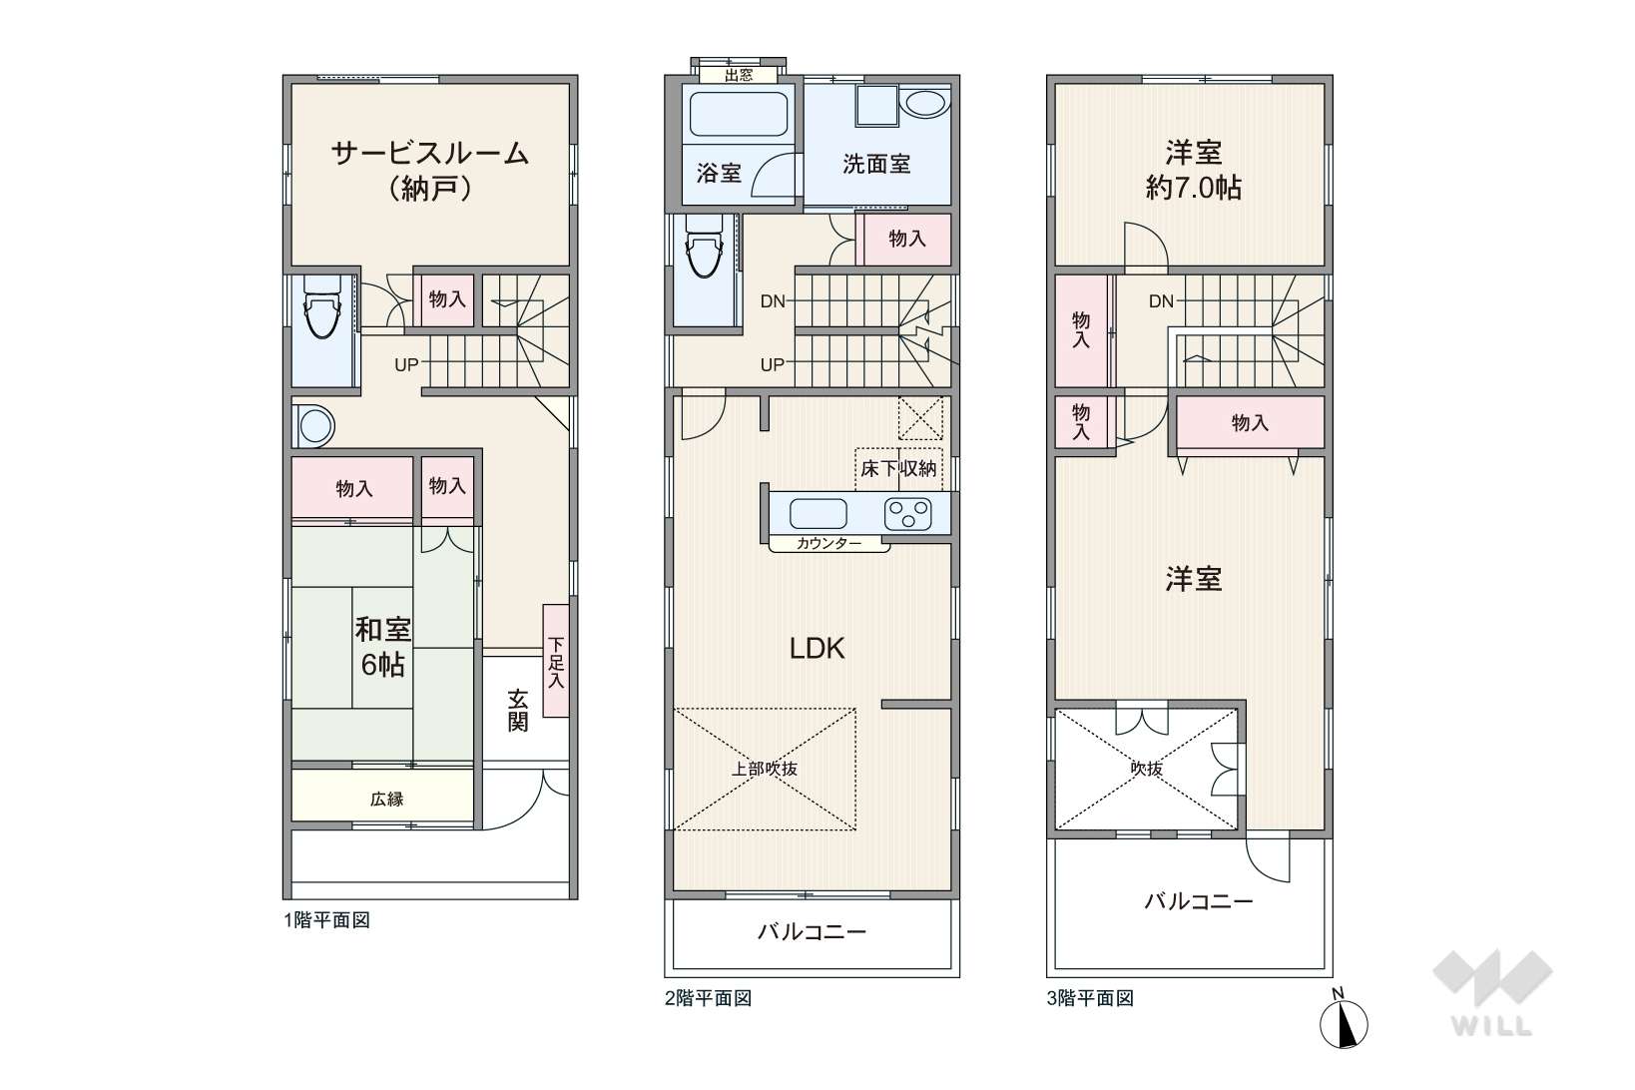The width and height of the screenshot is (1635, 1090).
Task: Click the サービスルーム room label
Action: coord(429,154)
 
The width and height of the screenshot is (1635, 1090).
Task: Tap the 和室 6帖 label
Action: coord(382,647)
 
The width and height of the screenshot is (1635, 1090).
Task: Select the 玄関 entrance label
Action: coord(517,711)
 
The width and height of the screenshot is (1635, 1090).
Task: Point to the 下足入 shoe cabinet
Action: coord(555,661)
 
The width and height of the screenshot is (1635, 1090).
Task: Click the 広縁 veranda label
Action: coord(386,799)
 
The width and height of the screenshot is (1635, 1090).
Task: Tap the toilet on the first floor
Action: coord(321,305)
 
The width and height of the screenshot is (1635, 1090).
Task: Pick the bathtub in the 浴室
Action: coord(739,114)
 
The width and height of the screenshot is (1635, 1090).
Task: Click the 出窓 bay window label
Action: coord(739,75)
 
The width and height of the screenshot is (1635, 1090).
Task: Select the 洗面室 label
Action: coord(876,164)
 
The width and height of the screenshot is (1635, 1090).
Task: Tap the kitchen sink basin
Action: coord(818,514)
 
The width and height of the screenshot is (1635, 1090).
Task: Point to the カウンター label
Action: coord(828,543)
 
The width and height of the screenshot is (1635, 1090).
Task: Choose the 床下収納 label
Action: coord(898,469)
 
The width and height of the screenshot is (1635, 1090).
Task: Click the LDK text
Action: coord(817,648)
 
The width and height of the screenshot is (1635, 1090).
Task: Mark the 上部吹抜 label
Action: coord(765,769)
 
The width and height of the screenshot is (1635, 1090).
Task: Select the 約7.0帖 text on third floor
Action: coord(1194,189)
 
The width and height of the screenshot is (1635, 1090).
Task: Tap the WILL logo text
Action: coord(1491,1026)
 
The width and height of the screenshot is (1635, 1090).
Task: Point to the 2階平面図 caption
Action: coord(708,998)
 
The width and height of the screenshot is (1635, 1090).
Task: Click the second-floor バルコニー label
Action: coord(812,931)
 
